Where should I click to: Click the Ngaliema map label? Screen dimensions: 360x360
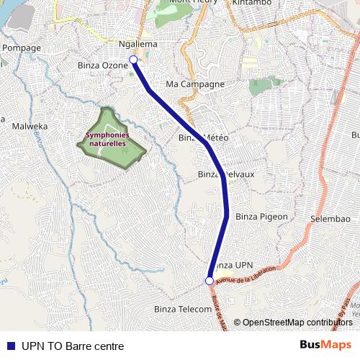click(137, 45)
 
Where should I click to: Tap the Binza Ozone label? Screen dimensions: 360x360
click(102, 66)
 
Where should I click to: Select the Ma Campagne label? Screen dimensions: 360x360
click(195, 84)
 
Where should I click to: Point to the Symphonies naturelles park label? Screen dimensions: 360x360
click(107, 139)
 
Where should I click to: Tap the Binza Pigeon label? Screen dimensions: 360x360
click(261, 216)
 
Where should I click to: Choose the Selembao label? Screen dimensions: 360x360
click(329, 217)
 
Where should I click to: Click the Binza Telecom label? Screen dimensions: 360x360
click(183, 308)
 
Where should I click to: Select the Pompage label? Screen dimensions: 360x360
click(22, 48)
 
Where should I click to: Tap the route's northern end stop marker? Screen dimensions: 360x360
click(133, 60)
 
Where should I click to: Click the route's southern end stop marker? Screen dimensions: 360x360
click(210, 281)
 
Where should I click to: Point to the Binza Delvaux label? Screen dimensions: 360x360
click(225, 174)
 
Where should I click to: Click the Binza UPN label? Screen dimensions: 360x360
click(235, 266)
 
